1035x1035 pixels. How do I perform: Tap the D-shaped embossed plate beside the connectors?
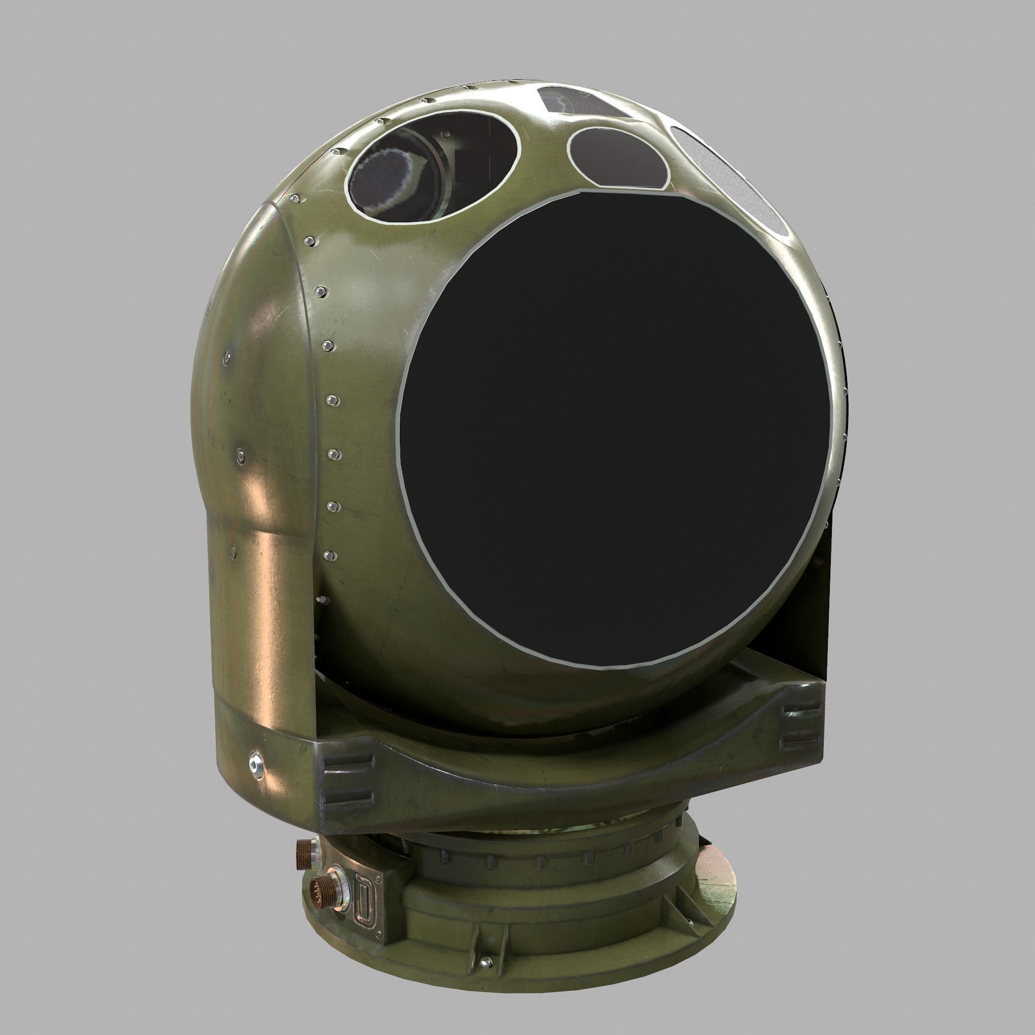(366, 900)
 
